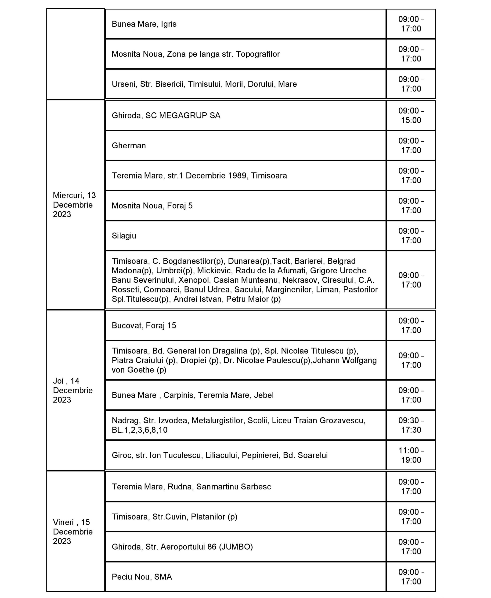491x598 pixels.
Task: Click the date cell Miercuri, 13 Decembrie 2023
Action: tap(74, 205)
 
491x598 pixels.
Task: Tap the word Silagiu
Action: tap(124, 236)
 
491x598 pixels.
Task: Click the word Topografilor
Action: tap(258, 54)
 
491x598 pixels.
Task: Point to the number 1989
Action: tap(237, 175)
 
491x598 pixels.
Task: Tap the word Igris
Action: tap(169, 24)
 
